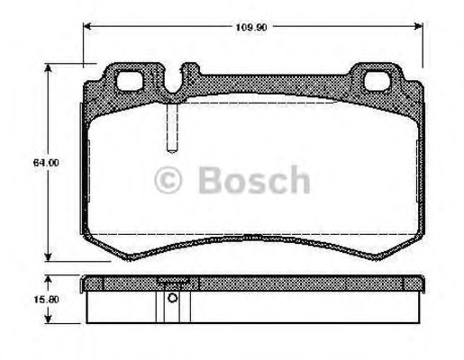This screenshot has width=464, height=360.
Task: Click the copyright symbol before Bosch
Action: coord(169,181)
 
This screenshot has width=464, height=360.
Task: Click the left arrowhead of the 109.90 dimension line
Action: coord(87,25)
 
